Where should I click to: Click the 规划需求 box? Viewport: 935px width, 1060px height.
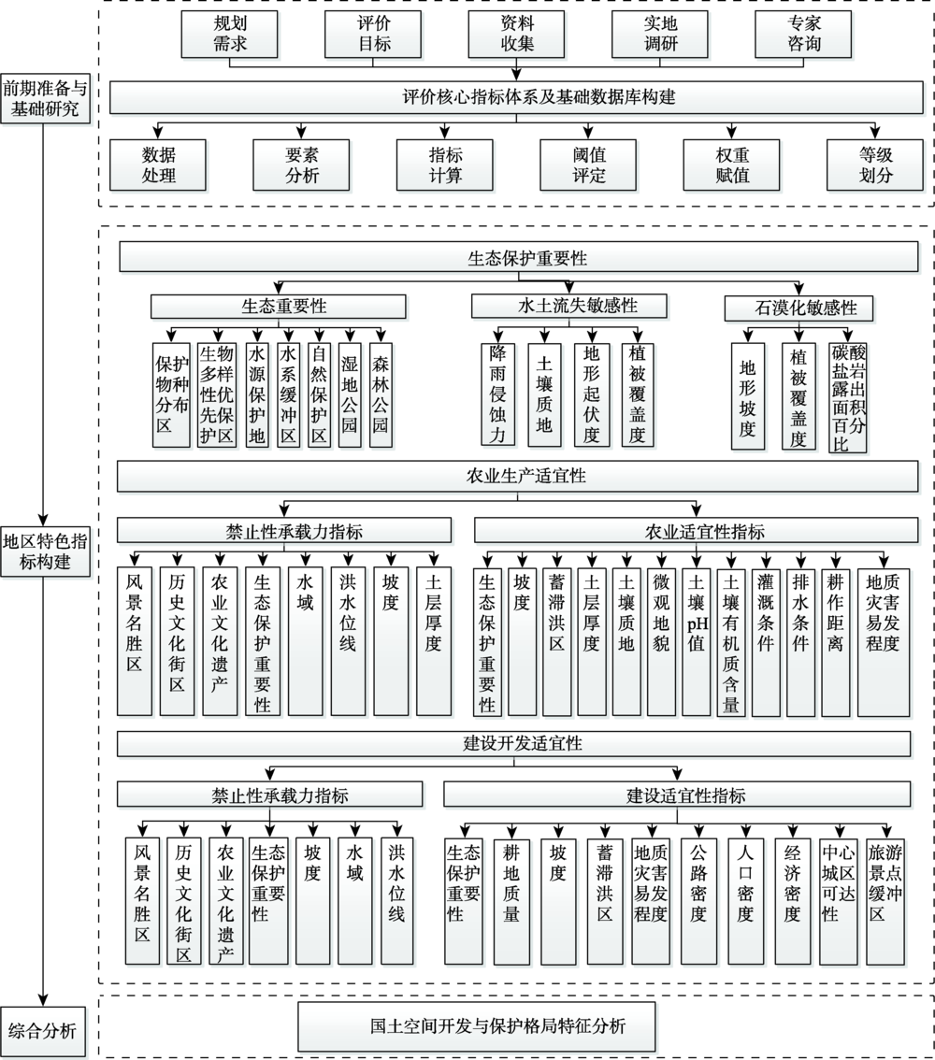pyautogui.click(x=230, y=34)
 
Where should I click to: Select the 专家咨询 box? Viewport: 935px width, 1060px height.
pyautogui.click(x=803, y=34)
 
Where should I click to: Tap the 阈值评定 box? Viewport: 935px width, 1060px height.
pyautogui.click(x=588, y=165)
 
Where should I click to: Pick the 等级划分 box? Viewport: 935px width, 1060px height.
pyautogui.click(x=875, y=165)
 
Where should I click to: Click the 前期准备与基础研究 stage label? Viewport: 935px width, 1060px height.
pyautogui.click(x=45, y=98)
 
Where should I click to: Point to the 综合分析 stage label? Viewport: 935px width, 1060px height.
pyautogui.click(x=43, y=1032)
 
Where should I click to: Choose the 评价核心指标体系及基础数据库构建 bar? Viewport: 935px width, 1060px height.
pyautogui.click(x=516, y=97)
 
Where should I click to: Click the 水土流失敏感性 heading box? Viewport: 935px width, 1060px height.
pyautogui.click(x=569, y=306)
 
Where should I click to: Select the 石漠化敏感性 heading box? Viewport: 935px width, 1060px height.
pyautogui.click(x=799, y=308)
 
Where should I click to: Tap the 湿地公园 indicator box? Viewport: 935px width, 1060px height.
pyautogui.click(x=349, y=395)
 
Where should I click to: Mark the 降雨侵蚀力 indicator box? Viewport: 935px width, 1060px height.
pyautogui.click(x=497, y=394)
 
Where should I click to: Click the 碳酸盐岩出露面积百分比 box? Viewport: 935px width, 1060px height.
pyautogui.click(x=848, y=397)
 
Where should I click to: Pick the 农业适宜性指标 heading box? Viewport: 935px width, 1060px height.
pyautogui.click(x=697, y=531)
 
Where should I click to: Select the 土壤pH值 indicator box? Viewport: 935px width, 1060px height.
pyautogui.click(x=697, y=641)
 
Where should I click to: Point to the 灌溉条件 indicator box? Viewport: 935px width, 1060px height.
pyautogui.click(x=766, y=641)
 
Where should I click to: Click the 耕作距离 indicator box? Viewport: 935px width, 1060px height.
pyautogui.click(x=836, y=641)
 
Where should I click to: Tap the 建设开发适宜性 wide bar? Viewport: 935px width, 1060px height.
pyautogui.click(x=514, y=744)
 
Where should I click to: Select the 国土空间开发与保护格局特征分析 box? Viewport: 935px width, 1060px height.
pyautogui.click(x=477, y=1026)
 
